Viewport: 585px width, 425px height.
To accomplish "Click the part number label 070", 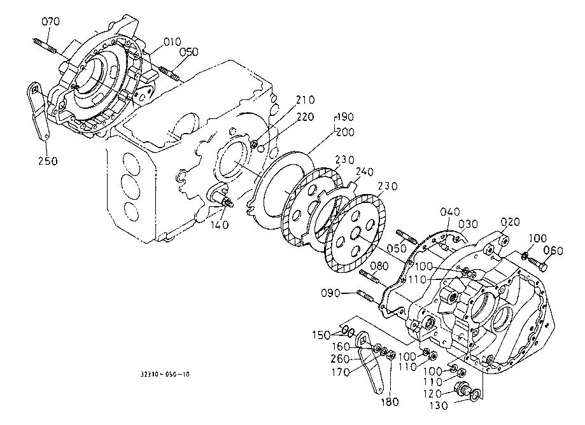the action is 50,22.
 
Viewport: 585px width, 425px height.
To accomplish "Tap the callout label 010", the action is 172,42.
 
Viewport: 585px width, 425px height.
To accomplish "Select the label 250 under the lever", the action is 48,161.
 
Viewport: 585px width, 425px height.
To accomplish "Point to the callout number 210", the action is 306,100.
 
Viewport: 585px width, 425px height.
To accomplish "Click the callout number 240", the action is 365,172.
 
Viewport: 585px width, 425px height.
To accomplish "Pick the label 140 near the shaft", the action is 219,225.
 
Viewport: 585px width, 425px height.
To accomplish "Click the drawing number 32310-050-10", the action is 164,374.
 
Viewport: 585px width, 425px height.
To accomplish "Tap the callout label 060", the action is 553,251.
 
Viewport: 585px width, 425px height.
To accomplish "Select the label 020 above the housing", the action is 510,222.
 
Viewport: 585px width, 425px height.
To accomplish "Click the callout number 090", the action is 330,293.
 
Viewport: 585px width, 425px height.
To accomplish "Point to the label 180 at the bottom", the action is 390,401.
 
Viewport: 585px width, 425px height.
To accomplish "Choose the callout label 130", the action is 439,406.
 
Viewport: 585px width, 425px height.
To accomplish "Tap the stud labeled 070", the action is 45,45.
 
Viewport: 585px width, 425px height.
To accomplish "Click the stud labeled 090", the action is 366,296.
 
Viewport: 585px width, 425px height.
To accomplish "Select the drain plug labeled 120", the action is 462,389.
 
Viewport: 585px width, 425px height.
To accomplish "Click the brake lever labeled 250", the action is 39,111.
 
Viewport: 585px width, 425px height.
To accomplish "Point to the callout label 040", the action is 450,212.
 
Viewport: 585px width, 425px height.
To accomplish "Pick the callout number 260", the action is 340,359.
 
